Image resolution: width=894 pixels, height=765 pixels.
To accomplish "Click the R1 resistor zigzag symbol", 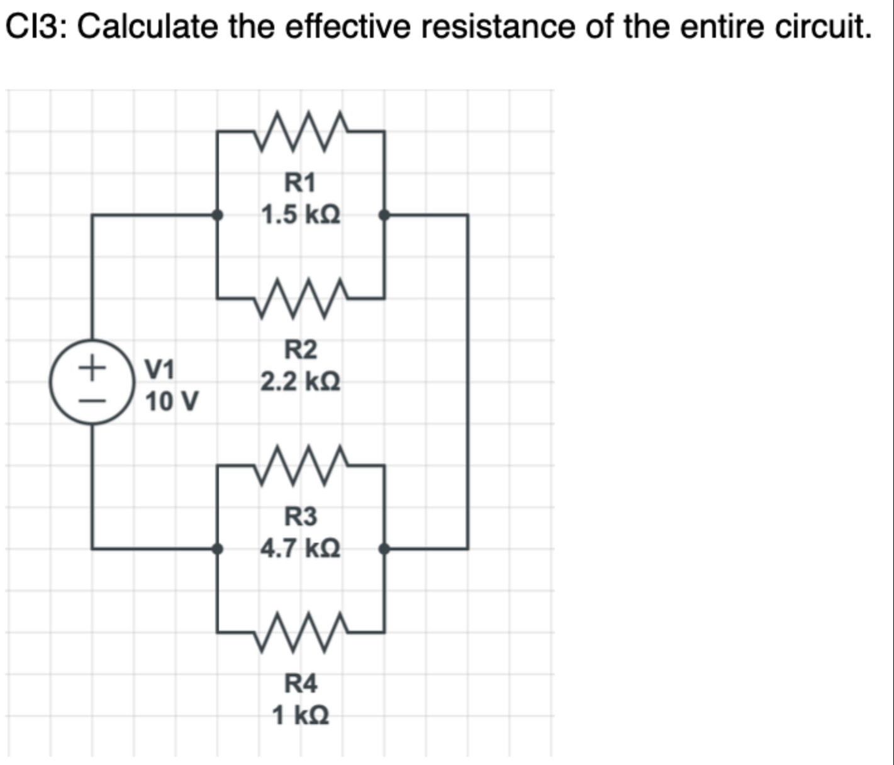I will tap(301, 131).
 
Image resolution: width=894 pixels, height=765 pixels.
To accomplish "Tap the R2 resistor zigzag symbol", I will tap(301, 297).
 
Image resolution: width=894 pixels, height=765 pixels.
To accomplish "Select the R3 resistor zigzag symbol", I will tap(301, 465).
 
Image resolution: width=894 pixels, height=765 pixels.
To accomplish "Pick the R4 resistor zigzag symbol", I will tap(301, 631).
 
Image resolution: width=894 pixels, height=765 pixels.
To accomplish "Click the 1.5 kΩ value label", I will tap(301, 215).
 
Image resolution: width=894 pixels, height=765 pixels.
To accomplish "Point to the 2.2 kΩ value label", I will tap(301, 382).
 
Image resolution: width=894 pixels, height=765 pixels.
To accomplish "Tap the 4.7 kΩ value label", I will tap(301, 548).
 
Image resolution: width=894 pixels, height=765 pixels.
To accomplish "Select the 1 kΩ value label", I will tap(300, 715).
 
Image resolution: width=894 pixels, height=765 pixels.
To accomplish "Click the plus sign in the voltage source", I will tap(92, 365).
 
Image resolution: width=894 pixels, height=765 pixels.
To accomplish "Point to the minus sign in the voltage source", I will tap(92, 400).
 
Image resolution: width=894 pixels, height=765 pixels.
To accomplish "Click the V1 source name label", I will tap(160, 368).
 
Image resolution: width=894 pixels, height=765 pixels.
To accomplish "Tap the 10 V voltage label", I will tap(172, 401).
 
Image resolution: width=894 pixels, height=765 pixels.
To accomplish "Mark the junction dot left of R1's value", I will tap(218, 215).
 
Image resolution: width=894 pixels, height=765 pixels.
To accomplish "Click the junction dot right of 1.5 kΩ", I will tap(384, 215).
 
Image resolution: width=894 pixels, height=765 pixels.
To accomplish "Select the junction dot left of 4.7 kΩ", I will tap(218, 549).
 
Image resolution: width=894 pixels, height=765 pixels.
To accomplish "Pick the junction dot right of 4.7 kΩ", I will tap(384, 549).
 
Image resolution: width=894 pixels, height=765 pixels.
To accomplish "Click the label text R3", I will tap(301, 516).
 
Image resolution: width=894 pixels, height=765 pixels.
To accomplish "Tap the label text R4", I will tap(301, 683).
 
